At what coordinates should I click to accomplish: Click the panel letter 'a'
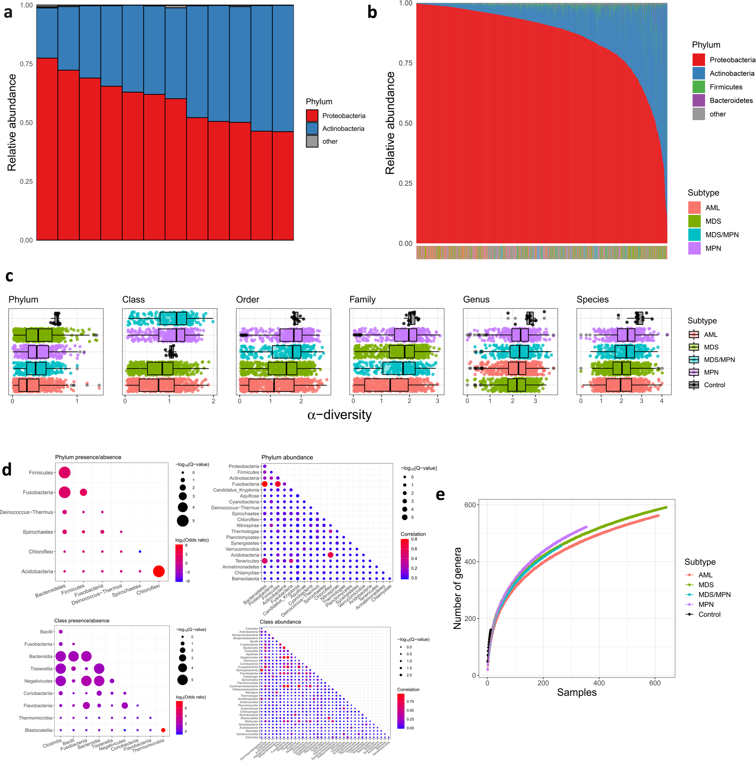tap(8, 13)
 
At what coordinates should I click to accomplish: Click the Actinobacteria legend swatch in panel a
tap(312, 128)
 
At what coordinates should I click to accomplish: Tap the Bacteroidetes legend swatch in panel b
tap(698, 100)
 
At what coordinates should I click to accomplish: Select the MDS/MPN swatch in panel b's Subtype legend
tap(694, 235)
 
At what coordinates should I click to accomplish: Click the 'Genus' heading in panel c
tap(476, 299)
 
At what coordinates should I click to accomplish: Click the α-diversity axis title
tap(339, 415)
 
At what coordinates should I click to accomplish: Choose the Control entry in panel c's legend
tap(714, 385)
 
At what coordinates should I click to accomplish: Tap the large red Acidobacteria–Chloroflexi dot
tap(159, 571)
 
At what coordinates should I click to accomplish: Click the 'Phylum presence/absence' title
tap(88, 457)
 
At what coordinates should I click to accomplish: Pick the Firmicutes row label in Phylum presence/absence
tap(40, 473)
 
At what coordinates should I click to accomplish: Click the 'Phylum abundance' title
tap(287, 457)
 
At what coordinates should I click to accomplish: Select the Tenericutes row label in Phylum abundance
tap(247, 561)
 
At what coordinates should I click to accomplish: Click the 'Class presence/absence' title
tap(82, 620)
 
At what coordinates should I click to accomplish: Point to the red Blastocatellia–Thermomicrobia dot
tap(163, 730)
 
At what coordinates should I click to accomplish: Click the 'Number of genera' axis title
tap(457, 588)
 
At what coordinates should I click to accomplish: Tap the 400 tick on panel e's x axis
tap(599, 683)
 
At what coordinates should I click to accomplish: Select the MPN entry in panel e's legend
tap(706, 604)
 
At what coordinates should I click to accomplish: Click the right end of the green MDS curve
tap(666, 507)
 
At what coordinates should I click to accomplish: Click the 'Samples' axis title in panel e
tap(576, 692)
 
